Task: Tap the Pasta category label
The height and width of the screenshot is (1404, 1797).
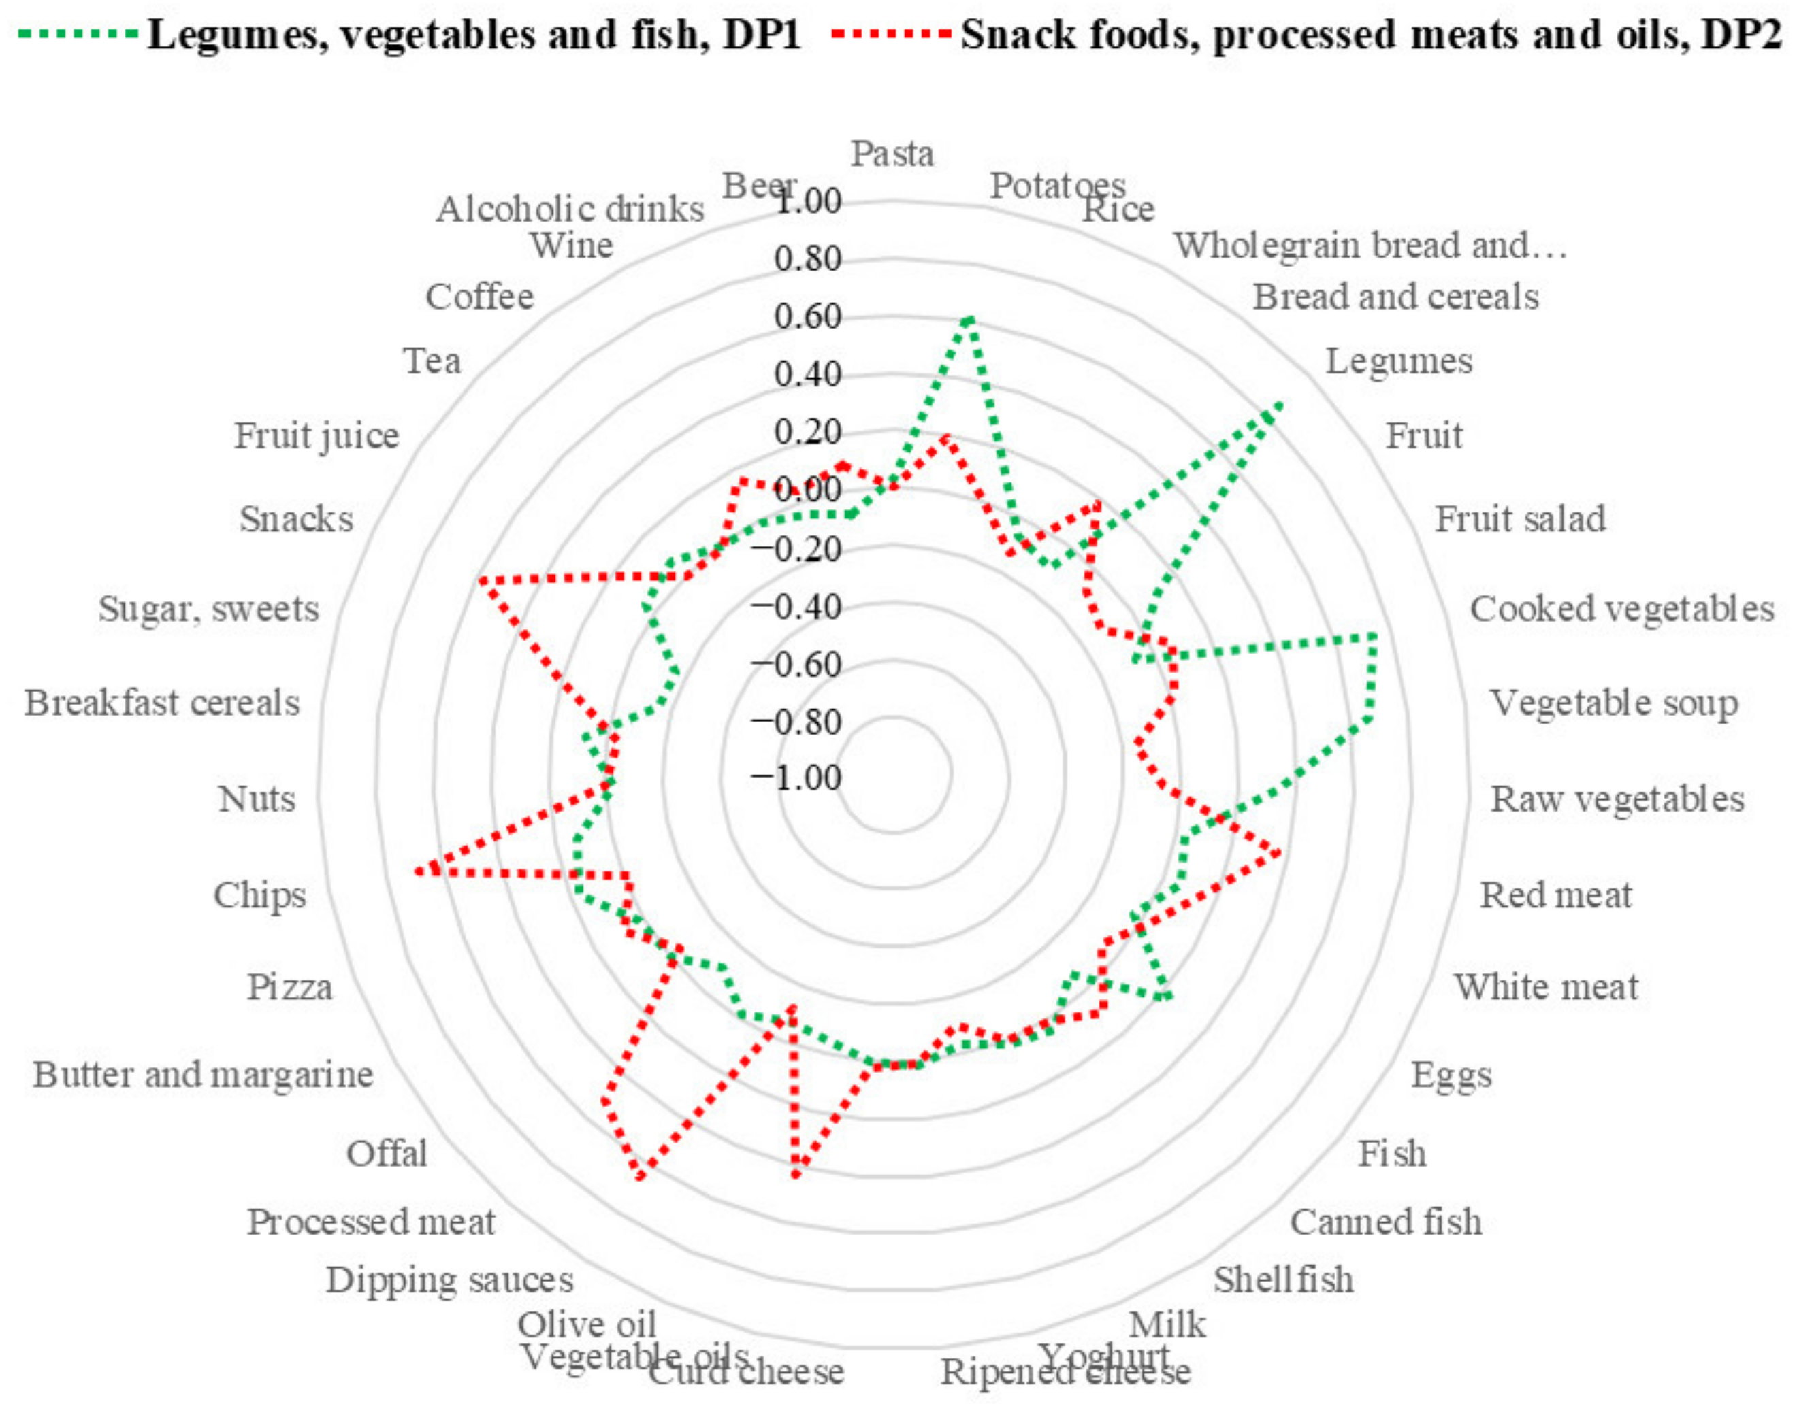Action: click(892, 153)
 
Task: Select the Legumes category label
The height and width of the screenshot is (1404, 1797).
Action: click(1398, 361)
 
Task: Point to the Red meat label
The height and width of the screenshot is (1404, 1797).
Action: click(1555, 895)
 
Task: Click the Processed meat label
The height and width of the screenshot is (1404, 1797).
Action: click(371, 1222)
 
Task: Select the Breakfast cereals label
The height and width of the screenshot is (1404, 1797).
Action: click(161, 703)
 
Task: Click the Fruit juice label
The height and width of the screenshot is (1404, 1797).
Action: click(316, 435)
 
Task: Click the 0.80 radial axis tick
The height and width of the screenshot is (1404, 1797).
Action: click(807, 259)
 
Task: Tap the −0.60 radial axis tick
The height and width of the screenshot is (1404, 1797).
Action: click(796, 665)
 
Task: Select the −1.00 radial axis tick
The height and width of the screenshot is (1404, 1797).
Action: click(796, 778)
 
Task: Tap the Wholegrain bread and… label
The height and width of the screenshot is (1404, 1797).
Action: click(1369, 245)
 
